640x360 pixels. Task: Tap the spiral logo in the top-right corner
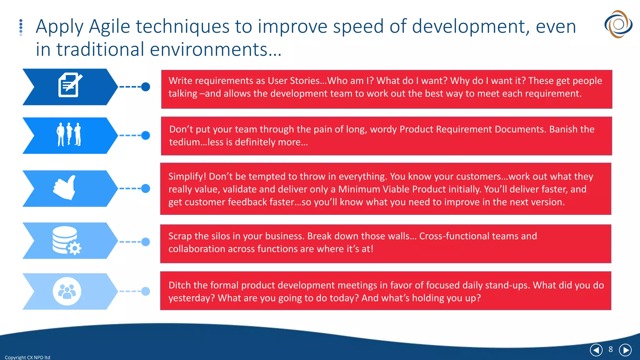618,24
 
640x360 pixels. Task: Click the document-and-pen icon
70,85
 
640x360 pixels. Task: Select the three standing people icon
69,134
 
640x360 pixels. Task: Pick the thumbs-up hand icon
65,187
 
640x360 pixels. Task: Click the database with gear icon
67,240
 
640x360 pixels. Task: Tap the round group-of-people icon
67,291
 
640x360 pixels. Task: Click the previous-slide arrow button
596,350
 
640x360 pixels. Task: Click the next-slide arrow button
625,350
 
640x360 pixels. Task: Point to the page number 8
611,349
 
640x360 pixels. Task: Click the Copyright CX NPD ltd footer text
27,357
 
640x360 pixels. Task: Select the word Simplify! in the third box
187,177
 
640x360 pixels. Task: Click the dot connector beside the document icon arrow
146,87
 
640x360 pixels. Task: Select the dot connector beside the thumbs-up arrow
146,188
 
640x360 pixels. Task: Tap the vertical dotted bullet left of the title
21,27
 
